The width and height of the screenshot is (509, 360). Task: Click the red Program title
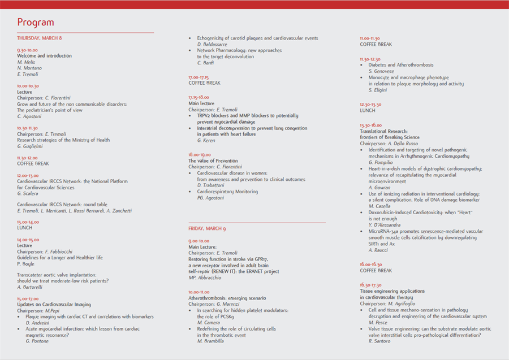[36, 23]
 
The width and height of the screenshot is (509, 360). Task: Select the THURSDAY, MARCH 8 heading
[40, 38]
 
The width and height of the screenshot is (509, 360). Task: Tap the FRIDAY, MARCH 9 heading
[207, 228]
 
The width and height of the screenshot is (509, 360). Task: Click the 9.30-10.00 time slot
[28, 50]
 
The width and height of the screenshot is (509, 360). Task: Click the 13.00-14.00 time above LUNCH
[28, 222]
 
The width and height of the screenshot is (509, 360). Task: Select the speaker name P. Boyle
[27, 263]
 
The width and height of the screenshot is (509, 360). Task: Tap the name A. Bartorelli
[31, 287]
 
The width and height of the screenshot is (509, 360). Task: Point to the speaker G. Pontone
[38, 341]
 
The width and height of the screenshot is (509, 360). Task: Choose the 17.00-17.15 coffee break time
[199, 77]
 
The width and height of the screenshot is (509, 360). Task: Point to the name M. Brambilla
[211, 341]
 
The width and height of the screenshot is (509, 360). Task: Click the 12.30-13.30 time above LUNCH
[370, 105]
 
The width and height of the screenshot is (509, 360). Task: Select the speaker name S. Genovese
[382, 71]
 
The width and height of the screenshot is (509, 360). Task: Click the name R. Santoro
[379, 341]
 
